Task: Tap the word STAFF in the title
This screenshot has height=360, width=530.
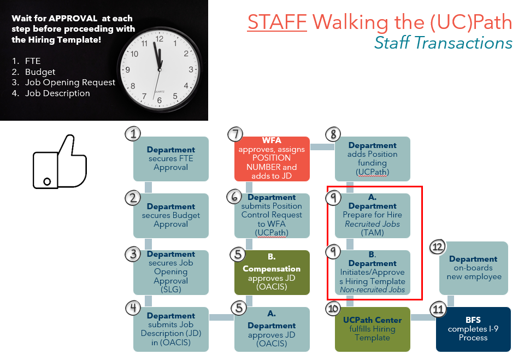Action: tap(278, 22)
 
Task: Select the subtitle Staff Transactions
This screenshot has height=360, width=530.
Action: tap(443, 43)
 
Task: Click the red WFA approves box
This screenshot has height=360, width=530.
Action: tap(272, 158)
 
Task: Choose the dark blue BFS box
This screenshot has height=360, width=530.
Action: tap(473, 329)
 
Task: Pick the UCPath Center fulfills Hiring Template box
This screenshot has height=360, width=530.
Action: tap(373, 329)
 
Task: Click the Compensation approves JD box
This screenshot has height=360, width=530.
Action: tap(272, 273)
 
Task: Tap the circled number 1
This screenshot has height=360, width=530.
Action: tap(133, 134)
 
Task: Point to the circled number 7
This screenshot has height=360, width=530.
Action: tap(234, 134)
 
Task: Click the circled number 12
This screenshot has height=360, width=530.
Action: tap(438, 247)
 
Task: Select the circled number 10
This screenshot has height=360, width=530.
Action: tap(333, 309)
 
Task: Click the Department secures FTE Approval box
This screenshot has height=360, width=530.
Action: tap(171, 158)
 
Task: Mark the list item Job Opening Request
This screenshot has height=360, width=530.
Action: tap(70, 82)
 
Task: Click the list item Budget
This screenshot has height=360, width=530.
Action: tap(40, 72)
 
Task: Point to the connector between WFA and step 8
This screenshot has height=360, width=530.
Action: tap(322, 146)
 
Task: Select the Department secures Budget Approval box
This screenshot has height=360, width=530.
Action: tap(171, 215)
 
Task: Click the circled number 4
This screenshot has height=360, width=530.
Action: tap(133, 308)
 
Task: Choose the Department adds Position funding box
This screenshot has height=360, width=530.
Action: tap(373, 158)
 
